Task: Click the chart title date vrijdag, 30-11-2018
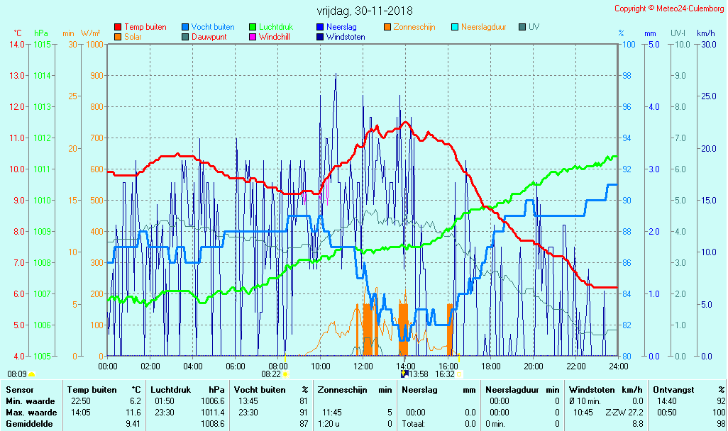tap(364, 11)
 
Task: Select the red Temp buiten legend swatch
tap(118, 27)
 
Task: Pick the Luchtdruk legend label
tap(280, 27)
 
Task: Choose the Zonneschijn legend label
tap(414, 27)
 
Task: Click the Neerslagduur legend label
tap(483, 27)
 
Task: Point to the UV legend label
tap(534, 27)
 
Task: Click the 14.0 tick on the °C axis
tap(16, 44)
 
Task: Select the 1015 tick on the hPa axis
tap(41, 44)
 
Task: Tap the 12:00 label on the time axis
tap(363, 366)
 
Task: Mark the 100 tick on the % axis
tap(629, 44)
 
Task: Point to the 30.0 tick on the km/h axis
tap(707, 44)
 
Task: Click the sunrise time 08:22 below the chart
tap(271, 374)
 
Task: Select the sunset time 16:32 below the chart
tap(445, 374)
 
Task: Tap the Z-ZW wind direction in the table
tap(615, 413)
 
